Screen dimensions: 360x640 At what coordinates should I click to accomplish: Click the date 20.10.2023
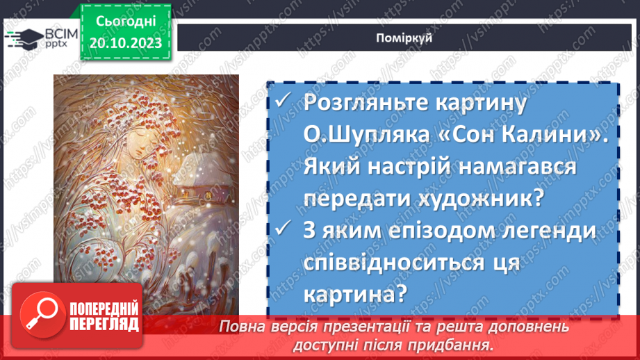[125, 43]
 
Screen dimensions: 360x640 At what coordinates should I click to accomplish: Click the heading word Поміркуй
[407, 37]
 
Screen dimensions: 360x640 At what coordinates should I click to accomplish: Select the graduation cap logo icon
[22, 38]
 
